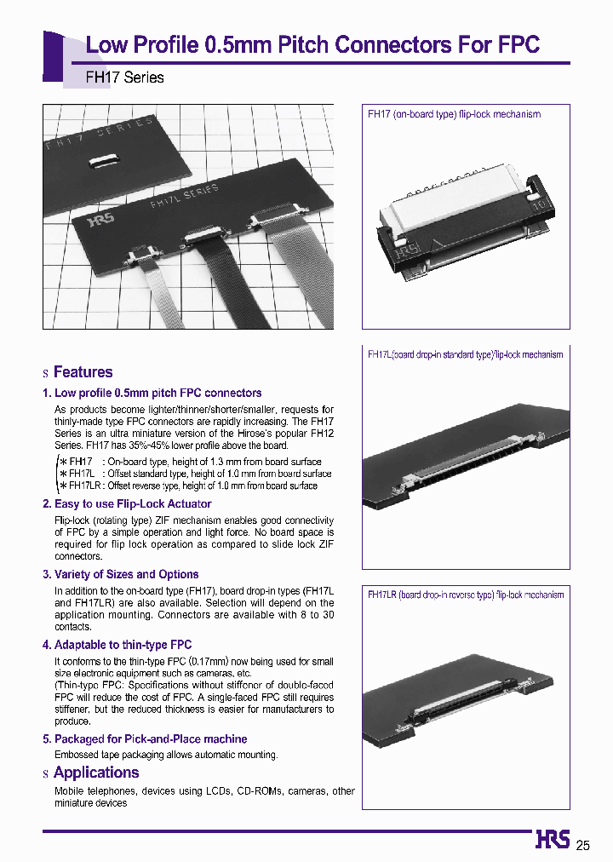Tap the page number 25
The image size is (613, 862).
(582, 845)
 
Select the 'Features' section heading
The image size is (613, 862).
(83, 372)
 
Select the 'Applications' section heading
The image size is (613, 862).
(96, 773)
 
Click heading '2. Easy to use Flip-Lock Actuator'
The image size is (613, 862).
(127, 503)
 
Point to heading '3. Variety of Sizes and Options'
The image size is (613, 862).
(120, 574)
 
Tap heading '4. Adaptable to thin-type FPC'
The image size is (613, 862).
(117, 645)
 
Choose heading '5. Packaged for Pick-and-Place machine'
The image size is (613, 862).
(145, 738)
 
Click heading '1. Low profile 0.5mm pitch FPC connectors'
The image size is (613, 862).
(152, 393)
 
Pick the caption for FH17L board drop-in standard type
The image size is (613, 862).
(465, 354)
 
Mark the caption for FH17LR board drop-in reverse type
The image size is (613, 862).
(466, 595)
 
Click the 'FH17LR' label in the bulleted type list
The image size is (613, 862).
(82, 486)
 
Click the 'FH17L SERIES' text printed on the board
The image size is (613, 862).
(183, 195)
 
